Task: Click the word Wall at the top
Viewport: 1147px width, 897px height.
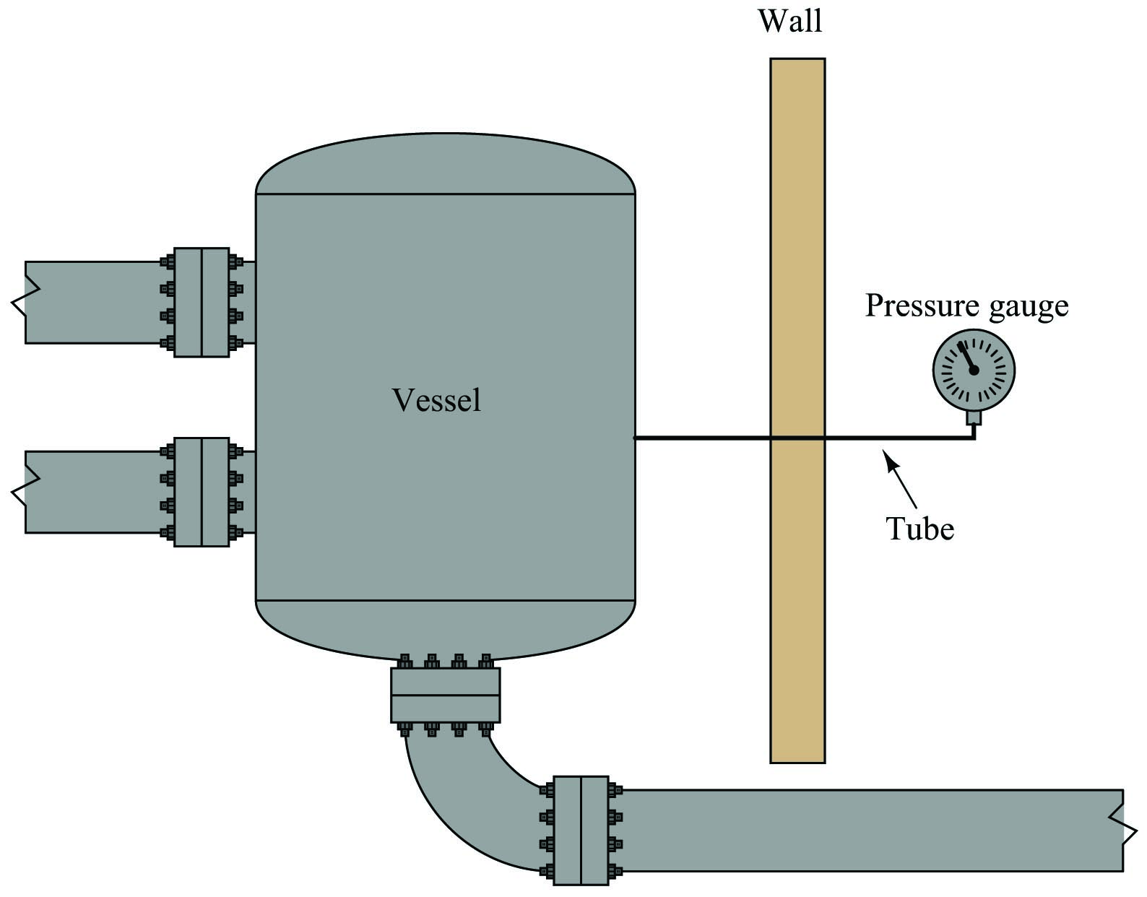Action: click(790, 21)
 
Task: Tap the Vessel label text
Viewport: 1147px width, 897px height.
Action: click(436, 400)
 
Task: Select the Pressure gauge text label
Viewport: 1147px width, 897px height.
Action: click(967, 306)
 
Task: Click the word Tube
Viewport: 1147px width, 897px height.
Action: click(920, 528)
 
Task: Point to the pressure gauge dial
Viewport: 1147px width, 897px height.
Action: click(974, 370)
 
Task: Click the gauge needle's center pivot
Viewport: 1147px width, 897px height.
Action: click(974, 370)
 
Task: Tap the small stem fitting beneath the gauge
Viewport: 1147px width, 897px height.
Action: click(974, 418)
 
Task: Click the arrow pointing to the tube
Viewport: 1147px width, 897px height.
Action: click(900, 479)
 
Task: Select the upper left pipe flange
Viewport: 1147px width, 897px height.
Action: click(201, 303)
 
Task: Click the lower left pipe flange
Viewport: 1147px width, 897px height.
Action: click(201, 492)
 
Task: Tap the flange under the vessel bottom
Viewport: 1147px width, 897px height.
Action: click(446, 695)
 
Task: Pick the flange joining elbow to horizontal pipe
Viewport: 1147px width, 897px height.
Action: click(581, 830)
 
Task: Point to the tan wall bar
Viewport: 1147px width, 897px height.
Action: click(797, 410)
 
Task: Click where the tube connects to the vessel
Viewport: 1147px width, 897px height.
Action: click(635, 438)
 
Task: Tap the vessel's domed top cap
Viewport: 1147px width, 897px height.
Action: click(446, 163)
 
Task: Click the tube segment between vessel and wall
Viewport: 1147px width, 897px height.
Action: click(702, 438)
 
